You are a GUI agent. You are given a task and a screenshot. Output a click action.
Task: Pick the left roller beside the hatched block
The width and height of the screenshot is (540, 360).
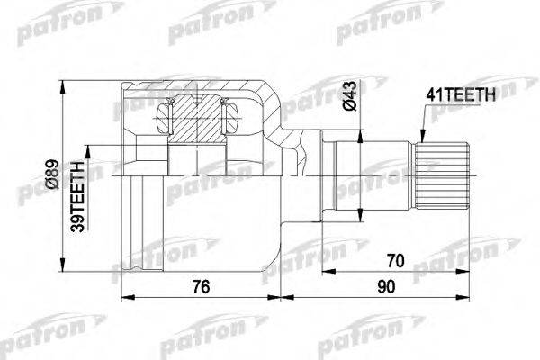coord(165,116)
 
